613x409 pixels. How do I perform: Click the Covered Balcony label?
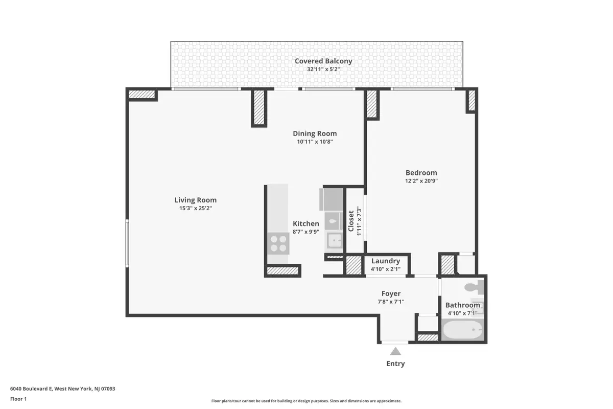tap(323, 61)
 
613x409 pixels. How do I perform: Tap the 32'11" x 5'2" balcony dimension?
tap(323, 69)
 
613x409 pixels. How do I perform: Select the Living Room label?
tap(196, 200)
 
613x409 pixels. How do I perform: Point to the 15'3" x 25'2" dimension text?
tap(196, 208)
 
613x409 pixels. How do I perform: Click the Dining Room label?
tap(315, 133)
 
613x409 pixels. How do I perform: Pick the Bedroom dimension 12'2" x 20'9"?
tap(421, 180)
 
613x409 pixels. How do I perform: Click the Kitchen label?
tap(306, 223)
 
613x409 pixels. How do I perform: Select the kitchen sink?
tap(335, 240)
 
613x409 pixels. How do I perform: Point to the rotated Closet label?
tap(351, 221)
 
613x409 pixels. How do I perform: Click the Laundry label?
tap(386, 261)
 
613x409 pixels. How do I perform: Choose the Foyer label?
tap(391, 293)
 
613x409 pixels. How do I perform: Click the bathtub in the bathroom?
tap(462, 330)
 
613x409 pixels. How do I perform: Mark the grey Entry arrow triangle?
tap(395, 351)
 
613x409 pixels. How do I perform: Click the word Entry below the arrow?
tap(395, 363)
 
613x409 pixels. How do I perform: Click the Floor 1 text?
tap(18, 398)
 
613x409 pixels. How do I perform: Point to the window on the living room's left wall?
tap(128, 243)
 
